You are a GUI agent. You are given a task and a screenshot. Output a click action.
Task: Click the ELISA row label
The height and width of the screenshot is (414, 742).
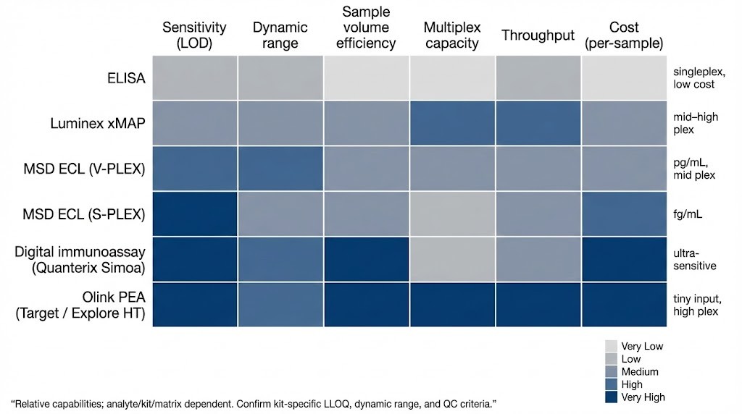tap(126, 78)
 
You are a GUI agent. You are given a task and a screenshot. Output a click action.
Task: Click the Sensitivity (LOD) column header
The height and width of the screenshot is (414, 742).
tap(194, 35)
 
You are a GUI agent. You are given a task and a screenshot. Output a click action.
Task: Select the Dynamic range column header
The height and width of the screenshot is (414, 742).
tap(280, 35)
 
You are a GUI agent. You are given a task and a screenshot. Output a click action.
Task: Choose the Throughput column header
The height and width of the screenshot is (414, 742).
tap(538, 35)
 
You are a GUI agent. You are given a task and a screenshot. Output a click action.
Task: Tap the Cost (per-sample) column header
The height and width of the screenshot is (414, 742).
tap(624, 35)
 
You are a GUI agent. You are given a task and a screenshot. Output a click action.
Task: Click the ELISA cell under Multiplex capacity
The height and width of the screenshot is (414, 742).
tap(452, 77)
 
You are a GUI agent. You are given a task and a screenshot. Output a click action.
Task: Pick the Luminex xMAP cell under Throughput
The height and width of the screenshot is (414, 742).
tap(538, 124)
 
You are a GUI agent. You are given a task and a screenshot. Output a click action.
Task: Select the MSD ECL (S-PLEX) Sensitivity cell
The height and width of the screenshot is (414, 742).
tap(194, 214)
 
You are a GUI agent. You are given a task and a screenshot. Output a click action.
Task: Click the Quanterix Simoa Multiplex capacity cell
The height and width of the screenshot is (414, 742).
tap(452, 259)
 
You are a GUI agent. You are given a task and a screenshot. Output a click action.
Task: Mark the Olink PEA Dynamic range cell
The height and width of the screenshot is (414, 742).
tap(280, 305)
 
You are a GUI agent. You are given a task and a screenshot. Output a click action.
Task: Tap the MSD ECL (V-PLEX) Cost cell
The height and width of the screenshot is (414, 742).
tap(624, 169)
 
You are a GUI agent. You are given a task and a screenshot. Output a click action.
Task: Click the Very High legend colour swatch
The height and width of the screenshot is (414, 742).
tap(610, 397)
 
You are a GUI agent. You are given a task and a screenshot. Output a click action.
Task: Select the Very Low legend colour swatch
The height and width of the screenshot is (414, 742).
tap(610, 347)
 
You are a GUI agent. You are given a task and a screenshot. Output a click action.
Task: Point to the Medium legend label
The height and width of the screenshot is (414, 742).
tap(640, 372)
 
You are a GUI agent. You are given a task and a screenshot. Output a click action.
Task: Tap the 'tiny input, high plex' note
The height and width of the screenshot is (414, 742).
tap(696, 305)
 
